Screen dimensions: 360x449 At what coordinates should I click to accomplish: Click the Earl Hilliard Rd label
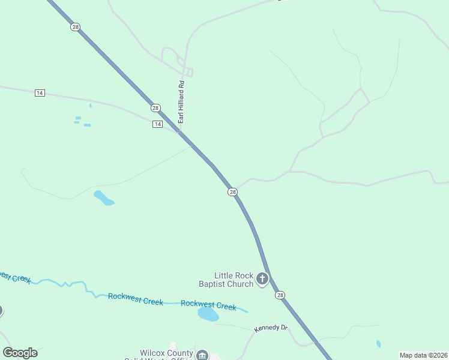click(181, 103)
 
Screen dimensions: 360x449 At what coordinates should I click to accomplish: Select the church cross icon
click(262, 278)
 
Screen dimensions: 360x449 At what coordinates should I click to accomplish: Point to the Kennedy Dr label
click(271, 328)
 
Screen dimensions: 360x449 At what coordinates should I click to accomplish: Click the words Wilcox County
click(166, 353)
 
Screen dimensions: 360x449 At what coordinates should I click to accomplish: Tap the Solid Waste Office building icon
click(202, 355)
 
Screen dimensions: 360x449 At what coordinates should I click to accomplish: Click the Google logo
click(20, 353)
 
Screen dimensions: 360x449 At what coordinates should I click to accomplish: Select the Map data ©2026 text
click(424, 355)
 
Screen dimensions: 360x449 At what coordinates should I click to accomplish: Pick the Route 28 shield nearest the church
click(280, 295)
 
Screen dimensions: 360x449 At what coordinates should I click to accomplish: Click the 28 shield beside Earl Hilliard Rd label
click(155, 108)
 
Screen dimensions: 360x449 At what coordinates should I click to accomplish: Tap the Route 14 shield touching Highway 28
click(157, 124)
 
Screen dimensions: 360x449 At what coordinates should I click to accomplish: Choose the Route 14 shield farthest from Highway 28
click(40, 92)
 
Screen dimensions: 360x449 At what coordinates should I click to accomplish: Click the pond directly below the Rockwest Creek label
click(208, 314)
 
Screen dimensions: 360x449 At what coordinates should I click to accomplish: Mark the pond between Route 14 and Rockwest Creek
click(103, 198)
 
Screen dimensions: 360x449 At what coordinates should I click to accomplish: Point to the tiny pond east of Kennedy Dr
click(378, 344)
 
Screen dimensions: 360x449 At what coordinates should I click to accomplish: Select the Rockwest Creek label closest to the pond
click(208, 305)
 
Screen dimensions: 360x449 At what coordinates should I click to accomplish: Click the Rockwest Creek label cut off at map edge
click(13, 277)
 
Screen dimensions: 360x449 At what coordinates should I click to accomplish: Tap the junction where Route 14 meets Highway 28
click(179, 131)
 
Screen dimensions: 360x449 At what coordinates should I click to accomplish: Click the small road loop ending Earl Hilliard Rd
click(188, 73)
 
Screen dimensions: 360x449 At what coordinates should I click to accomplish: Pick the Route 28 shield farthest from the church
click(75, 28)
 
